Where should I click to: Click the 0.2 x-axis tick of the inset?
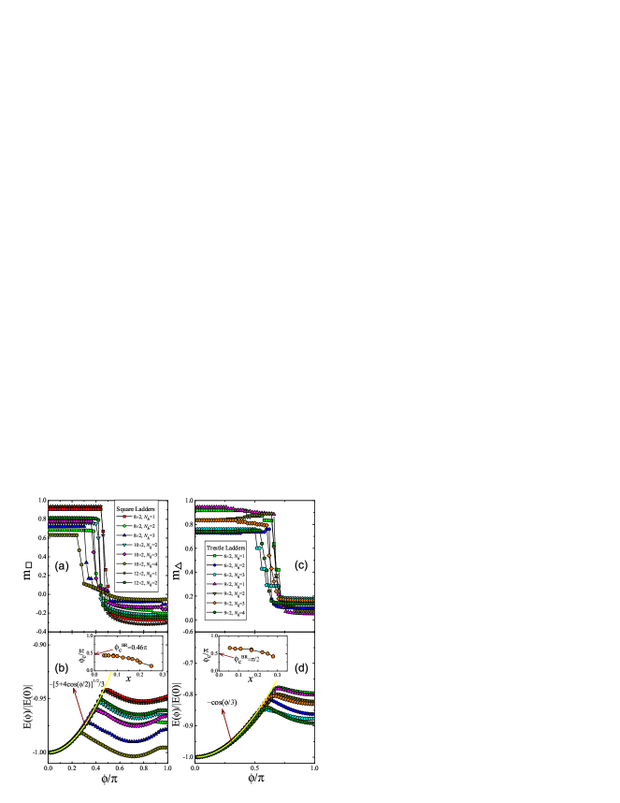tap(258, 674)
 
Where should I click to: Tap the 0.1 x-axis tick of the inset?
tap(238, 674)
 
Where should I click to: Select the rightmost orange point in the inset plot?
tap(273, 657)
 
